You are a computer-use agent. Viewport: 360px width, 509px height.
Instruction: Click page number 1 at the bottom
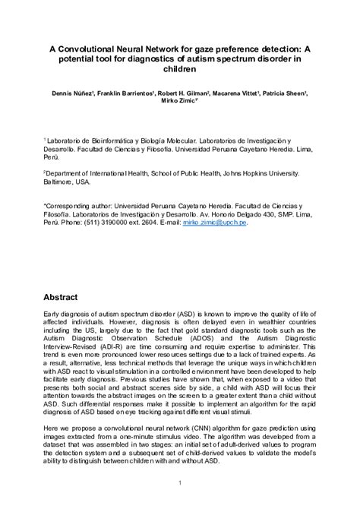click(180, 483)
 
